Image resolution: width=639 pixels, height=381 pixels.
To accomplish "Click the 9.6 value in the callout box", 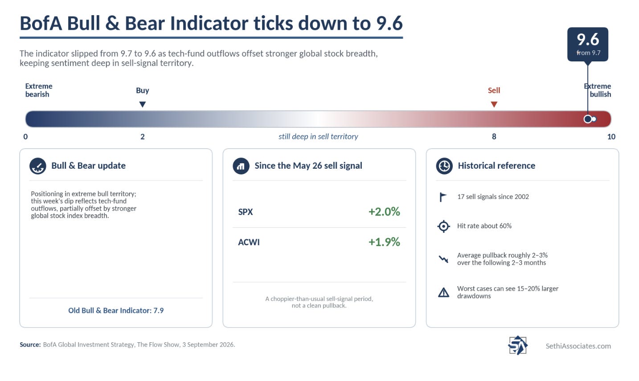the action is click(x=588, y=39).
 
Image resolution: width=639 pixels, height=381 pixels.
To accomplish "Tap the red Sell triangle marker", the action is click(x=494, y=104).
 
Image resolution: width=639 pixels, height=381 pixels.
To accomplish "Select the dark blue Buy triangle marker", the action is click(x=142, y=104).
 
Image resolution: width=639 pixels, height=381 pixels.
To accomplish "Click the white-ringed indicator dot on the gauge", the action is click(x=588, y=119).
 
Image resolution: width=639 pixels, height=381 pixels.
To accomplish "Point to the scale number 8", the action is click(x=494, y=137).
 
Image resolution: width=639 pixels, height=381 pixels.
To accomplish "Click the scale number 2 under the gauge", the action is click(x=142, y=137).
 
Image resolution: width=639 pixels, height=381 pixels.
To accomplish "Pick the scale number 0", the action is click(x=25, y=137).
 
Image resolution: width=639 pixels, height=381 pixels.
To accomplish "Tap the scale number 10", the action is click(x=611, y=137).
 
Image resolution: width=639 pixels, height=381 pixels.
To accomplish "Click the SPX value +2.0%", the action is click(x=384, y=212).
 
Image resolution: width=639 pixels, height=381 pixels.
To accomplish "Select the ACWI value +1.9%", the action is click(x=384, y=242).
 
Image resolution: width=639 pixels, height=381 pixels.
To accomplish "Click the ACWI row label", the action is click(x=249, y=242).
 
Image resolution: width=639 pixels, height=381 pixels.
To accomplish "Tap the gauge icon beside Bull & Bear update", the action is click(x=38, y=166).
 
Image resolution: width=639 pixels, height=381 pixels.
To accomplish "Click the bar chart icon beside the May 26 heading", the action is click(x=241, y=166).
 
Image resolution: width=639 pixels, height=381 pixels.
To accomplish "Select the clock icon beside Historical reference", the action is click(x=444, y=166).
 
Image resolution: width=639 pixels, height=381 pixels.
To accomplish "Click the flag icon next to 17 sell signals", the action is click(x=443, y=197).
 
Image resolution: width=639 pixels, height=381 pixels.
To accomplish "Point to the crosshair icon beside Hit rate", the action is click(x=443, y=226).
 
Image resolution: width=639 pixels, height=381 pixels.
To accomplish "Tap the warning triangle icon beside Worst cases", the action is click(x=443, y=292).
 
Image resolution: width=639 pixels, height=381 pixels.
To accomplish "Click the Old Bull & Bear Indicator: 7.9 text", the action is click(x=116, y=310).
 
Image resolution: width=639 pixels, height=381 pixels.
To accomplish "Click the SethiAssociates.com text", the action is click(x=578, y=346).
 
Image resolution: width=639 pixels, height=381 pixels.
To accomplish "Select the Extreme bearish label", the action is click(x=39, y=90).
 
